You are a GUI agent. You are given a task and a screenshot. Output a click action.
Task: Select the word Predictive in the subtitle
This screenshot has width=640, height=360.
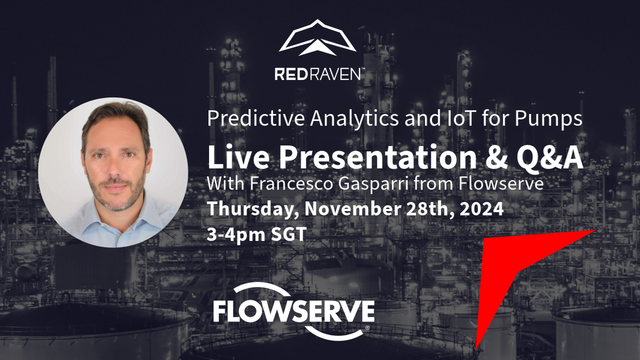(256, 119)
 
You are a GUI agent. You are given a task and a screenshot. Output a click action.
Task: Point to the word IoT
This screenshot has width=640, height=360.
(459, 118)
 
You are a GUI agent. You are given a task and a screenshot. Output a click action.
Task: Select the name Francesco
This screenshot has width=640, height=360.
(291, 183)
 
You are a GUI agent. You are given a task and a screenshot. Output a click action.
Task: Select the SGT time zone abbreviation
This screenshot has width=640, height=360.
(288, 234)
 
